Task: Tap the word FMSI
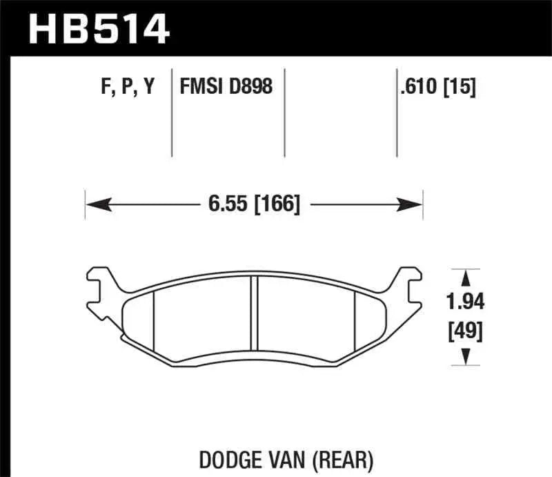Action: pyautogui.click(x=201, y=88)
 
